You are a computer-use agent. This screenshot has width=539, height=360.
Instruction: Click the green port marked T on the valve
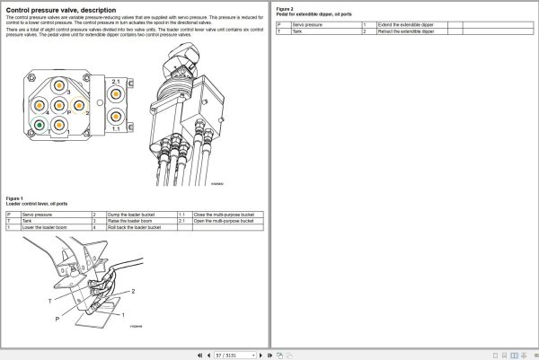point(40,124)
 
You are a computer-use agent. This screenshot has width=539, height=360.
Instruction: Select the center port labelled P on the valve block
point(59,112)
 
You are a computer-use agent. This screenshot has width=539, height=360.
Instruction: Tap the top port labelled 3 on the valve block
point(59,92)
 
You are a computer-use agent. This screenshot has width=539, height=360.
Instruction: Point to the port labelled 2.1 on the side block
point(116,92)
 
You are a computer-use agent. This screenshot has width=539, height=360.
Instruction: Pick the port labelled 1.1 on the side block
point(116,117)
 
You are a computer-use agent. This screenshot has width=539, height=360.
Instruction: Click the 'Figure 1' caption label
point(14,198)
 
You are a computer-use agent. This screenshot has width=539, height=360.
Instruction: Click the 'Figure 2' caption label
point(285,8)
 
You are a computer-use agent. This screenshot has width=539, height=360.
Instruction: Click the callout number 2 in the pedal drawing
point(132,293)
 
